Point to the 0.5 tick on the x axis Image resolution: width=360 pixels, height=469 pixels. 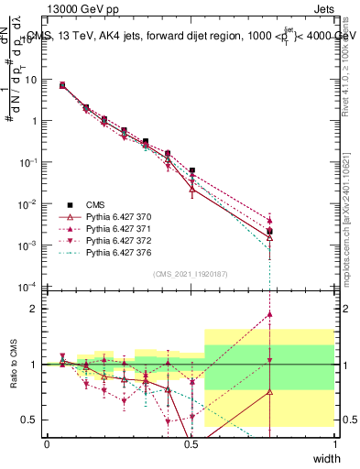pos(191,443)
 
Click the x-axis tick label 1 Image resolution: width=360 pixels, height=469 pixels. pos(334,443)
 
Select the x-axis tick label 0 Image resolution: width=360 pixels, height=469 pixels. pos(47,443)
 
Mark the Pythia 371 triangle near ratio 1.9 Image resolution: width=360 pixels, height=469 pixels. pos(269,314)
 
